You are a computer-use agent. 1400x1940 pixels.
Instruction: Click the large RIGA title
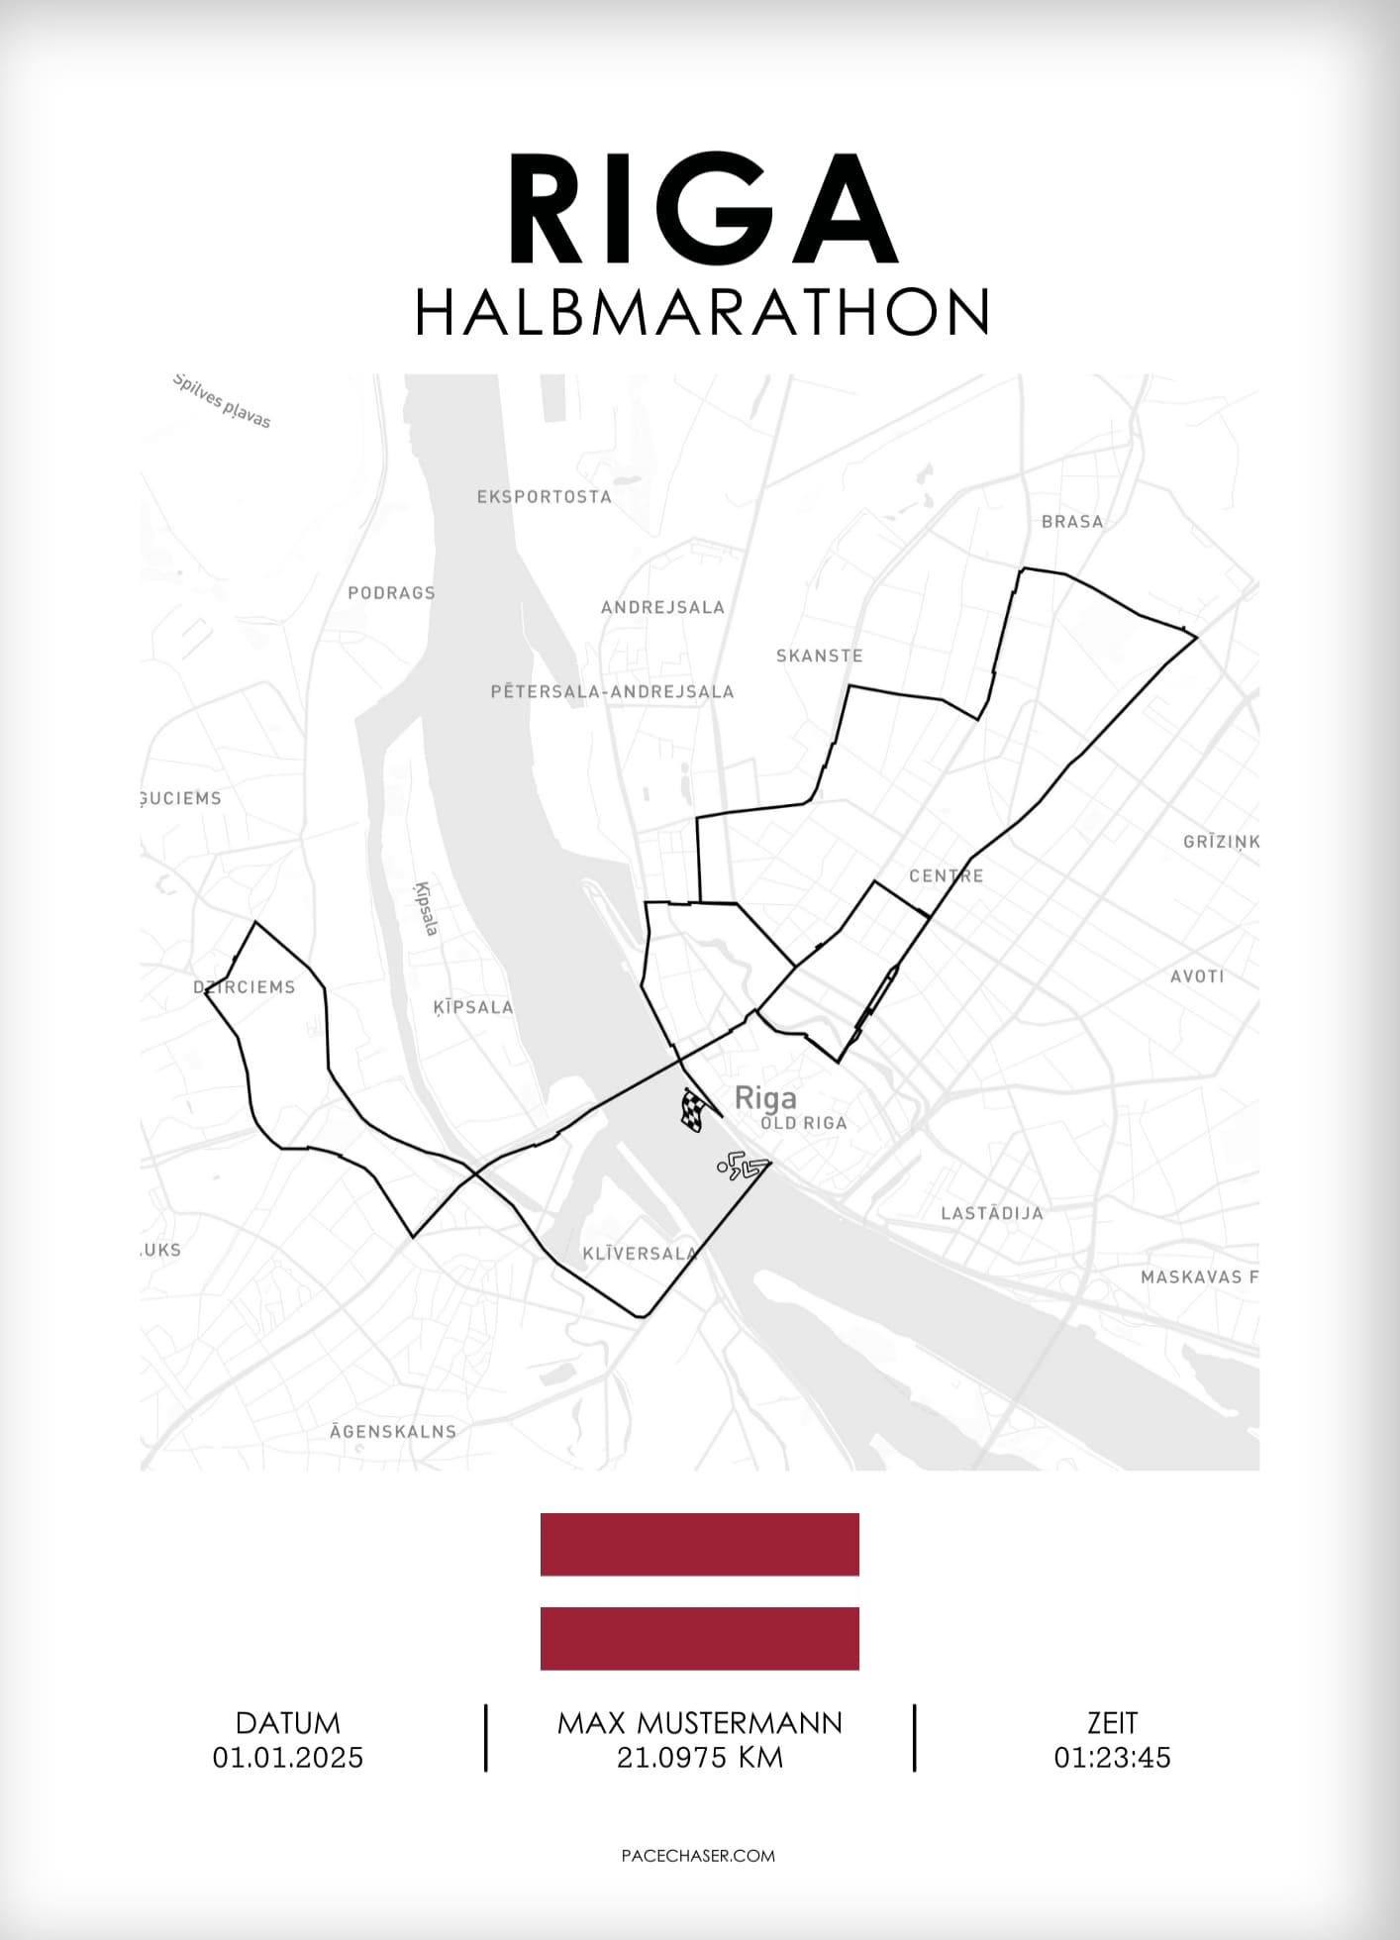point(701,210)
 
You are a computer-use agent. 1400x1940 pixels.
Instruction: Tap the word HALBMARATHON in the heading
point(702,313)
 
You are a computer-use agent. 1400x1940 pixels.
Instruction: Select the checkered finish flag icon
point(693,1110)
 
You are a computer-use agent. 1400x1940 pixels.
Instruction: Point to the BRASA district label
point(1071,522)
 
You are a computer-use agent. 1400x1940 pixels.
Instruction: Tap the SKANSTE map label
point(819,656)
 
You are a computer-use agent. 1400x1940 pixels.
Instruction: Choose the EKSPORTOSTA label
point(544,497)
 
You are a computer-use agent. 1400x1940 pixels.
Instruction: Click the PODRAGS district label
point(391,593)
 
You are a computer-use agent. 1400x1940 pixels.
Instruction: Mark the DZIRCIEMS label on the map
point(245,987)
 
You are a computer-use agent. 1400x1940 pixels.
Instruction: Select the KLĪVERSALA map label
point(639,1254)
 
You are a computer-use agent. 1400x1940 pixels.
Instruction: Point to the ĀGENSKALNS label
point(393,1431)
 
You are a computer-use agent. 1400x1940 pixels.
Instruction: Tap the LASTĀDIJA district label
point(991,1213)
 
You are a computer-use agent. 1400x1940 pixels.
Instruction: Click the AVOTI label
point(1197,976)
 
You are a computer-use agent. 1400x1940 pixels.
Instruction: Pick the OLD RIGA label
point(804,1123)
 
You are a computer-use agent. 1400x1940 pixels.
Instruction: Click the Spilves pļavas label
point(221,401)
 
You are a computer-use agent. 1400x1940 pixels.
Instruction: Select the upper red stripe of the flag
point(699,1544)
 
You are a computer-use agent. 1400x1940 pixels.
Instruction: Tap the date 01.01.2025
point(288,1758)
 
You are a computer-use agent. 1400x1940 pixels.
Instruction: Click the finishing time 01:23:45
point(1112,1758)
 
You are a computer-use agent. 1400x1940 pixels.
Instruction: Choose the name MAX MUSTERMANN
point(699,1723)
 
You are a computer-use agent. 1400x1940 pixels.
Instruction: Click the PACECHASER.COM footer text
point(698,1856)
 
